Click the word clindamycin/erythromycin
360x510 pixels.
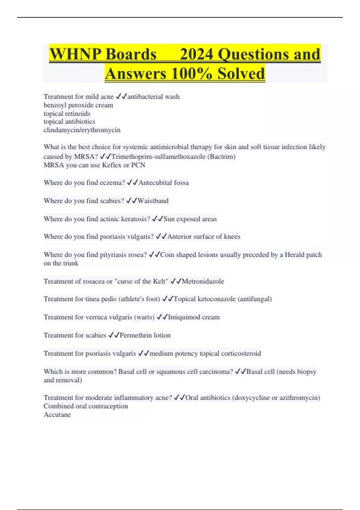click(82, 130)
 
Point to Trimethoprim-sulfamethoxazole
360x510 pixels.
click(158, 157)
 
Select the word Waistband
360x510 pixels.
click(153, 201)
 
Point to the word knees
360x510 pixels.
click(232, 237)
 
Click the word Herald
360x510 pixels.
click(295, 255)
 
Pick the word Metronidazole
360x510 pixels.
click(203, 281)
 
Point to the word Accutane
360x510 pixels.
click(57, 415)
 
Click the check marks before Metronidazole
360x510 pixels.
click(176, 281)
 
